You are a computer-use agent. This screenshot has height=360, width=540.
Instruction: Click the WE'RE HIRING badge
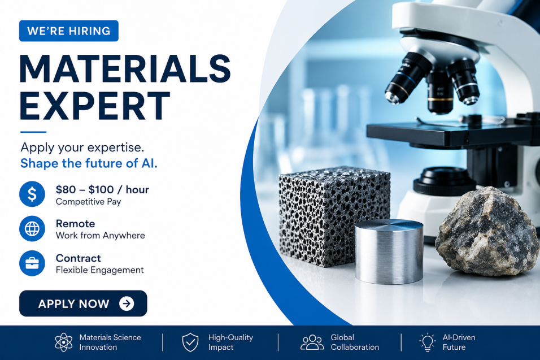click(69, 31)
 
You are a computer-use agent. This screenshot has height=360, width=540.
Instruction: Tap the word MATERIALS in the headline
click(125, 68)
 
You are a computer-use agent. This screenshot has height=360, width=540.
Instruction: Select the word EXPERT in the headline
click(95, 106)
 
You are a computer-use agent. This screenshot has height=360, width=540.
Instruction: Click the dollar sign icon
click(32, 194)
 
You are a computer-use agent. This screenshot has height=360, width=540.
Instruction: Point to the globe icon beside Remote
click(32, 229)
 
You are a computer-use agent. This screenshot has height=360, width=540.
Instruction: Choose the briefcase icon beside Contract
click(32, 263)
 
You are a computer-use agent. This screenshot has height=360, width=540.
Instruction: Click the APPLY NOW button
click(83, 303)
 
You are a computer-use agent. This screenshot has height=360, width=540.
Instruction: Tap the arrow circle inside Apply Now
click(127, 303)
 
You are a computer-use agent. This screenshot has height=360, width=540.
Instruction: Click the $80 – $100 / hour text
click(102, 189)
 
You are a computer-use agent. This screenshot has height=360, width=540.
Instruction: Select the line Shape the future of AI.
click(89, 163)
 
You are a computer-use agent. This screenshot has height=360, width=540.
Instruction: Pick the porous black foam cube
click(334, 216)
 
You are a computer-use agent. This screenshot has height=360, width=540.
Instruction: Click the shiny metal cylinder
click(389, 251)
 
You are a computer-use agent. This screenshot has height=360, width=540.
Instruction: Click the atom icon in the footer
click(64, 342)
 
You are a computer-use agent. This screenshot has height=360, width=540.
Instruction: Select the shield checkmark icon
click(190, 342)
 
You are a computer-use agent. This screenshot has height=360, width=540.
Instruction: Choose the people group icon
click(312, 342)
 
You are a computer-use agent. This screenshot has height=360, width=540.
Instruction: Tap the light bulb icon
click(428, 342)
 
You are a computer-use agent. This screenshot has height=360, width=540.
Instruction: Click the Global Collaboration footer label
click(355, 342)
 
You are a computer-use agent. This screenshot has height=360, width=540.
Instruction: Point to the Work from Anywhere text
click(100, 236)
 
